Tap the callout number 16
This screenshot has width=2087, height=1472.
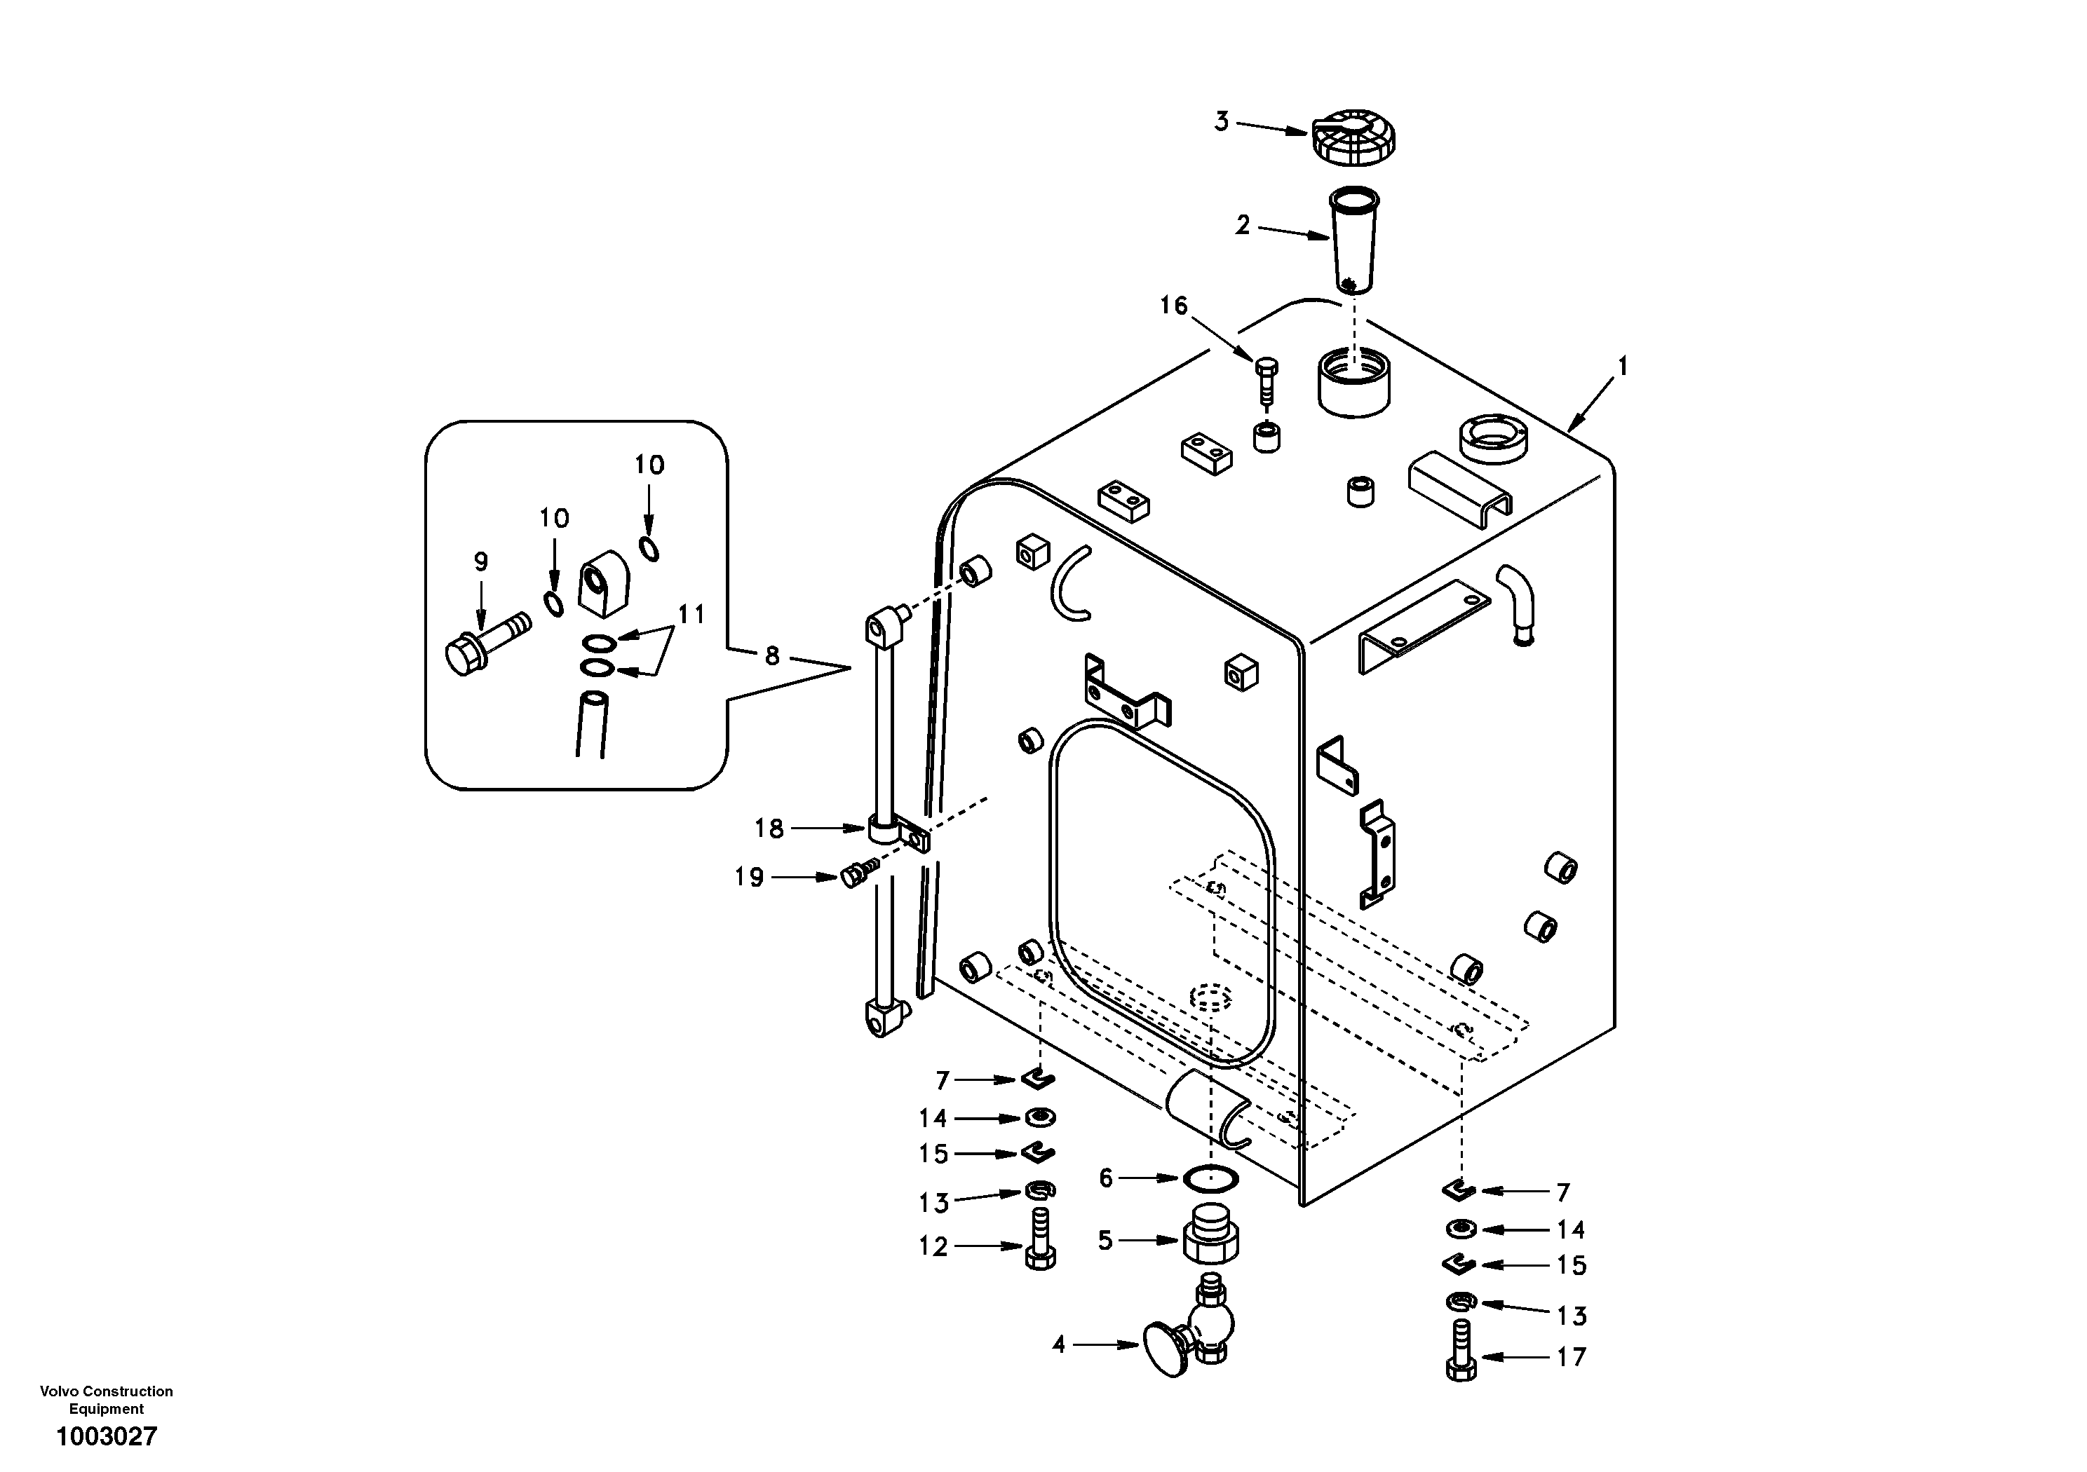pos(1173,306)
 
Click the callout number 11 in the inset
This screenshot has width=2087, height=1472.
pos(691,615)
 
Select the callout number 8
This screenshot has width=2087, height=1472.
pos(771,656)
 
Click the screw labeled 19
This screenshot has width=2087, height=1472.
pos(859,875)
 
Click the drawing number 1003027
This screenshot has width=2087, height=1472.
pos(107,1436)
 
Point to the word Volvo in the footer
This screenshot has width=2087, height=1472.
pos(59,1391)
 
